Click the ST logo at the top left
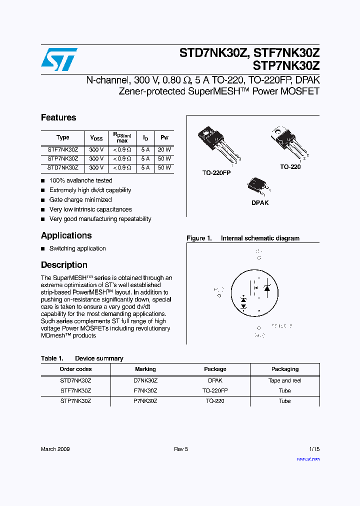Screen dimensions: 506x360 pyautogui.click(x=59, y=59)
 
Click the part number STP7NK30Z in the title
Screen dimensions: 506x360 pyautogui.click(x=286, y=65)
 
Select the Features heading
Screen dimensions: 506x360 pyautogui.click(x=58, y=117)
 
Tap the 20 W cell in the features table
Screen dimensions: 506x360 pyautogui.click(x=164, y=149)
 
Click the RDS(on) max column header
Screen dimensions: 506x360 pyautogui.click(x=121, y=137)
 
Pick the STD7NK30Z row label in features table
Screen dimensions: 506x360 pyautogui.click(x=62, y=168)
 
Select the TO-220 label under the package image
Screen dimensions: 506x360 pyautogui.click(x=290, y=167)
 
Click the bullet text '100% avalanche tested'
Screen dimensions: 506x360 pyautogui.click(x=80, y=180)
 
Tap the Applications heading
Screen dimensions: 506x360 pyautogui.click(x=66, y=235)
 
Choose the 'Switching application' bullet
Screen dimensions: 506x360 pyautogui.click(x=77, y=248)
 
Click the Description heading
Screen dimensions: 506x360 pyautogui.click(x=64, y=265)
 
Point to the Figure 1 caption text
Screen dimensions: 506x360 pyautogui.click(x=243, y=238)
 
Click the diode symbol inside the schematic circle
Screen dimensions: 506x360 pyautogui.click(x=267, y=288)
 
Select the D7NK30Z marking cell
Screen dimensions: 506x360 pyautogui.click(x=145, y=380)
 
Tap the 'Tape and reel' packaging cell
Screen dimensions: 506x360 pyautogui.click(x=284, y=380)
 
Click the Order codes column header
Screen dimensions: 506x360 pyautogui.click(x=75, y=369)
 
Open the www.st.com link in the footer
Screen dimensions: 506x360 pyautogui.click(x=308, y=458)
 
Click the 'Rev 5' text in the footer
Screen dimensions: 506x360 pyautogui.click(x=181, y=449)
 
